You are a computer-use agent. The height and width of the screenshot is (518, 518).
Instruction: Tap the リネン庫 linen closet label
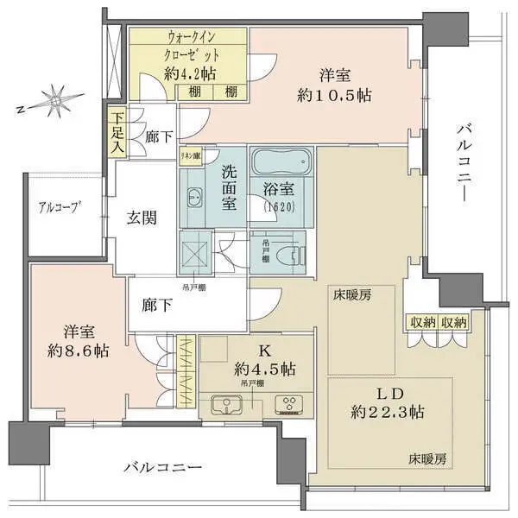click(x=190, y=156)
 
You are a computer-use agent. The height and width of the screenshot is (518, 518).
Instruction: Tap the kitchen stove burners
click(x=286, y=404)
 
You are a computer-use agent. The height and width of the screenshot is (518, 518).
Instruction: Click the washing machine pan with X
click(x=193, y=251)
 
